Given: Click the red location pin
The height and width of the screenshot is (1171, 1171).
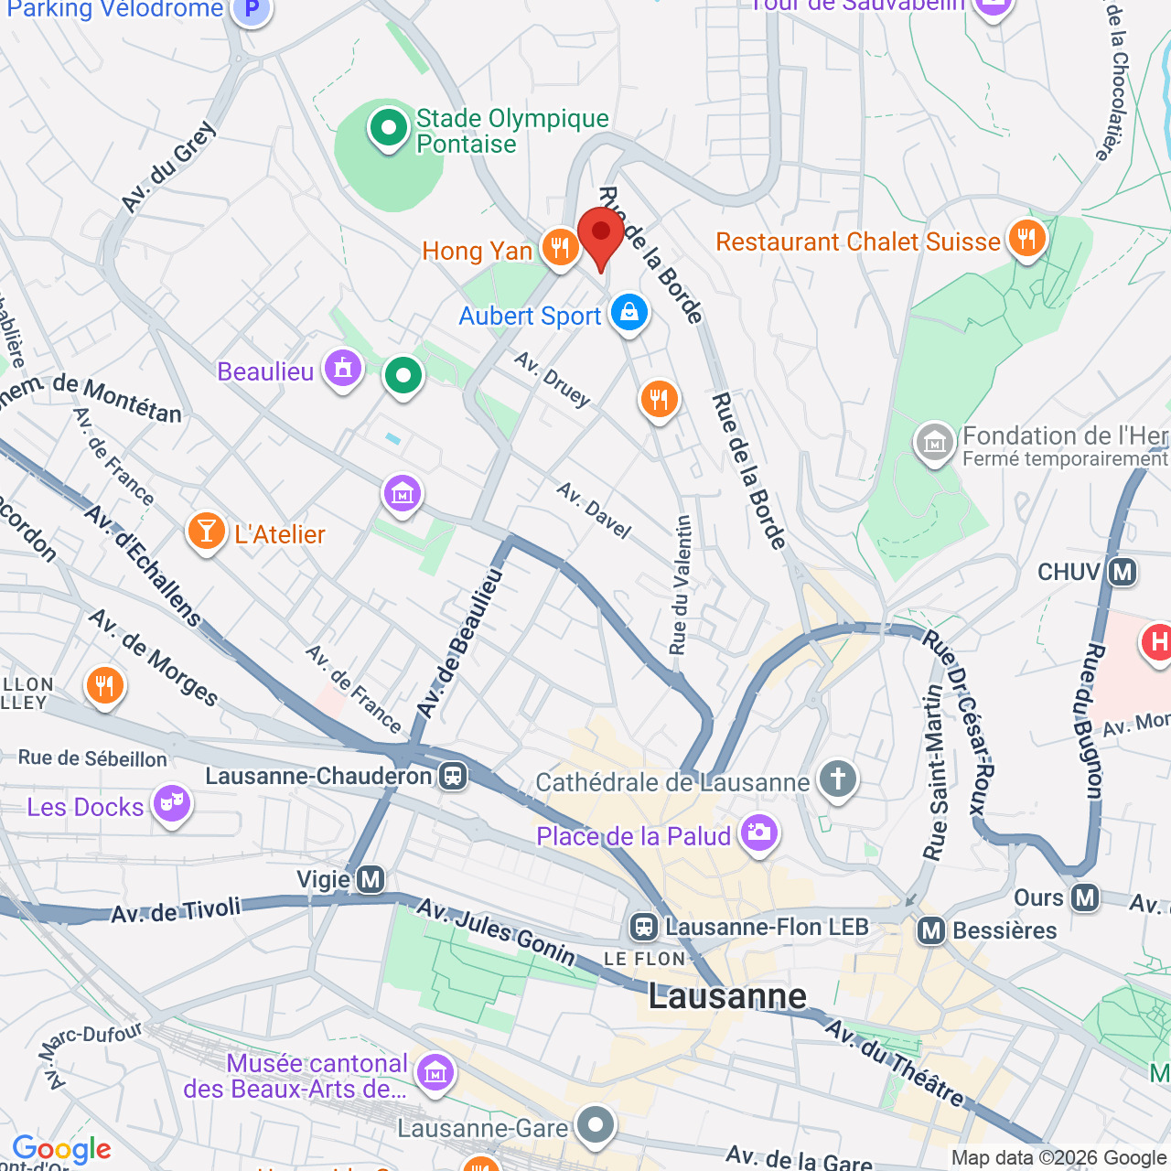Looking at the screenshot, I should (600, 234).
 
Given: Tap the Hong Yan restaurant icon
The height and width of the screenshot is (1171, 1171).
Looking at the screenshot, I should (559, 247).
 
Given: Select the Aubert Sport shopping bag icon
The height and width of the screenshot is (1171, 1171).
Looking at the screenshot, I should (628, 313).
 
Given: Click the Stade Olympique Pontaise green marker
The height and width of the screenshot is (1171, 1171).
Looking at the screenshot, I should (388, 128).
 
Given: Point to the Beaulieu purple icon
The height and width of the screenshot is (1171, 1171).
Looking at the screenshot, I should (343, 370).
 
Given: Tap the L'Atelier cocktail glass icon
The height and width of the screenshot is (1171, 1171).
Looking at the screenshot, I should (206, 532).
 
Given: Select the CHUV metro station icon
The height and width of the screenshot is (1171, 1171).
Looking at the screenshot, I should (1123, 573).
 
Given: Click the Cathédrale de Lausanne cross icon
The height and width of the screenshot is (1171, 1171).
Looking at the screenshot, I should (837, 779).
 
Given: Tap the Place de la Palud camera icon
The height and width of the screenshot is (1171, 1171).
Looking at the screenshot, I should (758, 833).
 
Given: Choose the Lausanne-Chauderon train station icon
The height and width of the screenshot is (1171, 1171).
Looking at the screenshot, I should (452, 777).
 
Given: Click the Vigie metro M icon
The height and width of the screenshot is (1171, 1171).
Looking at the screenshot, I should (371, 880).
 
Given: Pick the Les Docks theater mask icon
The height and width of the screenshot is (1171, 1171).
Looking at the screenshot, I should (171, 804).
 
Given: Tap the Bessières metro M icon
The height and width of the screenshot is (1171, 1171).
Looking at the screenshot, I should (931, 931).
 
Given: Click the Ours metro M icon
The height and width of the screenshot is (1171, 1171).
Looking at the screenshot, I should (1085, 897).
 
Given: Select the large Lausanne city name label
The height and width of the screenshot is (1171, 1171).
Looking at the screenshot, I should (727, 996).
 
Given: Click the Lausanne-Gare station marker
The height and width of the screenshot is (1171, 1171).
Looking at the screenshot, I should (596, 1124).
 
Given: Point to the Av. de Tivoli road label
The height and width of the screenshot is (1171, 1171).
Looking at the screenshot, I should (176, 910).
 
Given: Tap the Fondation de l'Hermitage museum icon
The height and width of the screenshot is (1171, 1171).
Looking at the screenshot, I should (934, 443).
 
